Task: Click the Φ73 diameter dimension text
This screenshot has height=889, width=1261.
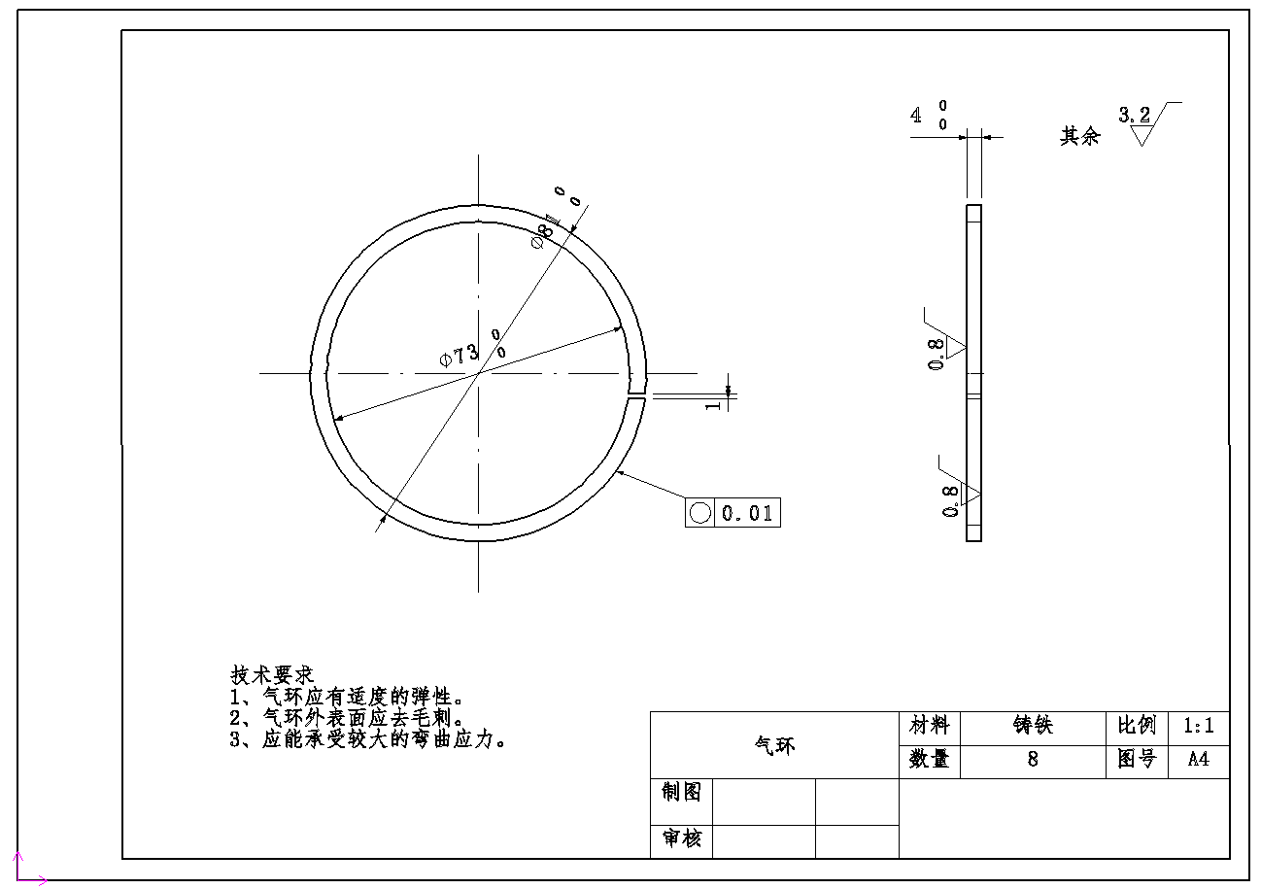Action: (460, 355)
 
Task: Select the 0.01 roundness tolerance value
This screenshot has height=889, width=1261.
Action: (747, 513)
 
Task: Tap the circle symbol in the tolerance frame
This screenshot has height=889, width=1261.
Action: (699, 512)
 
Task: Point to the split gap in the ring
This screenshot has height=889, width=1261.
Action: (636, 396)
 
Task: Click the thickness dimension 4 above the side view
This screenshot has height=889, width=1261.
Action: (916, 116)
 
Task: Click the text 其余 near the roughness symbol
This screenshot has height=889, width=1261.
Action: (1079, 136)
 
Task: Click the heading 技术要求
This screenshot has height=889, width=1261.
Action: (272, 674)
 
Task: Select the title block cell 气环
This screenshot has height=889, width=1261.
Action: (774, 745)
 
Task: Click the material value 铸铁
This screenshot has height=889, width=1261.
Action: (1032, 727)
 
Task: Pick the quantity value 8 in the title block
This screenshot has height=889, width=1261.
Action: (1032, 760)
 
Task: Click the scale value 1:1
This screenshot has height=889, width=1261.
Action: (1198, 727)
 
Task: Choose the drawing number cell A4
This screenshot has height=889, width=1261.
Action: (1198, 760)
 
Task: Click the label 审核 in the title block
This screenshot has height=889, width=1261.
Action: (681, 838)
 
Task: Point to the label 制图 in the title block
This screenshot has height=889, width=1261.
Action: (681, 792)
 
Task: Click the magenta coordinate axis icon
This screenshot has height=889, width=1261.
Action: (27, 871)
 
